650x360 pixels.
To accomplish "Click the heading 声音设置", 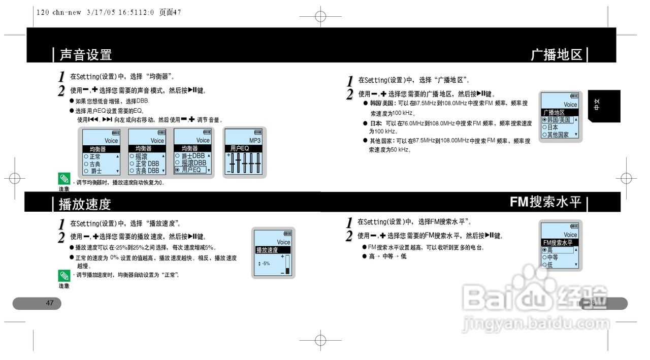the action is click(85, 54).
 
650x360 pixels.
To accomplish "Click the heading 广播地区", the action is click(557, 54).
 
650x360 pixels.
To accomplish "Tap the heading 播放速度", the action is click(84, 204).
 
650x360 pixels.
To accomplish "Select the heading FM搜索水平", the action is click(545, 202).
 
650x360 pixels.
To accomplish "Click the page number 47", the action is click(50, 303).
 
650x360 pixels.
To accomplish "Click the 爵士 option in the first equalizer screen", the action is click(96, 171).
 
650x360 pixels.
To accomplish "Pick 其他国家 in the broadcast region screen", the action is click(558, 135).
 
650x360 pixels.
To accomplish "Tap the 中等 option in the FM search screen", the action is click(552, 257).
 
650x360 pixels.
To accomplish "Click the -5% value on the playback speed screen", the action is click(266, 264).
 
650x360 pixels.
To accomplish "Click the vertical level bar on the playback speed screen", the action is click(288, 265).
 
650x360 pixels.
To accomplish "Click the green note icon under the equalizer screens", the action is click(64, 178).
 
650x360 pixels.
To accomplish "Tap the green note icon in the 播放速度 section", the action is click(64, 276).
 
